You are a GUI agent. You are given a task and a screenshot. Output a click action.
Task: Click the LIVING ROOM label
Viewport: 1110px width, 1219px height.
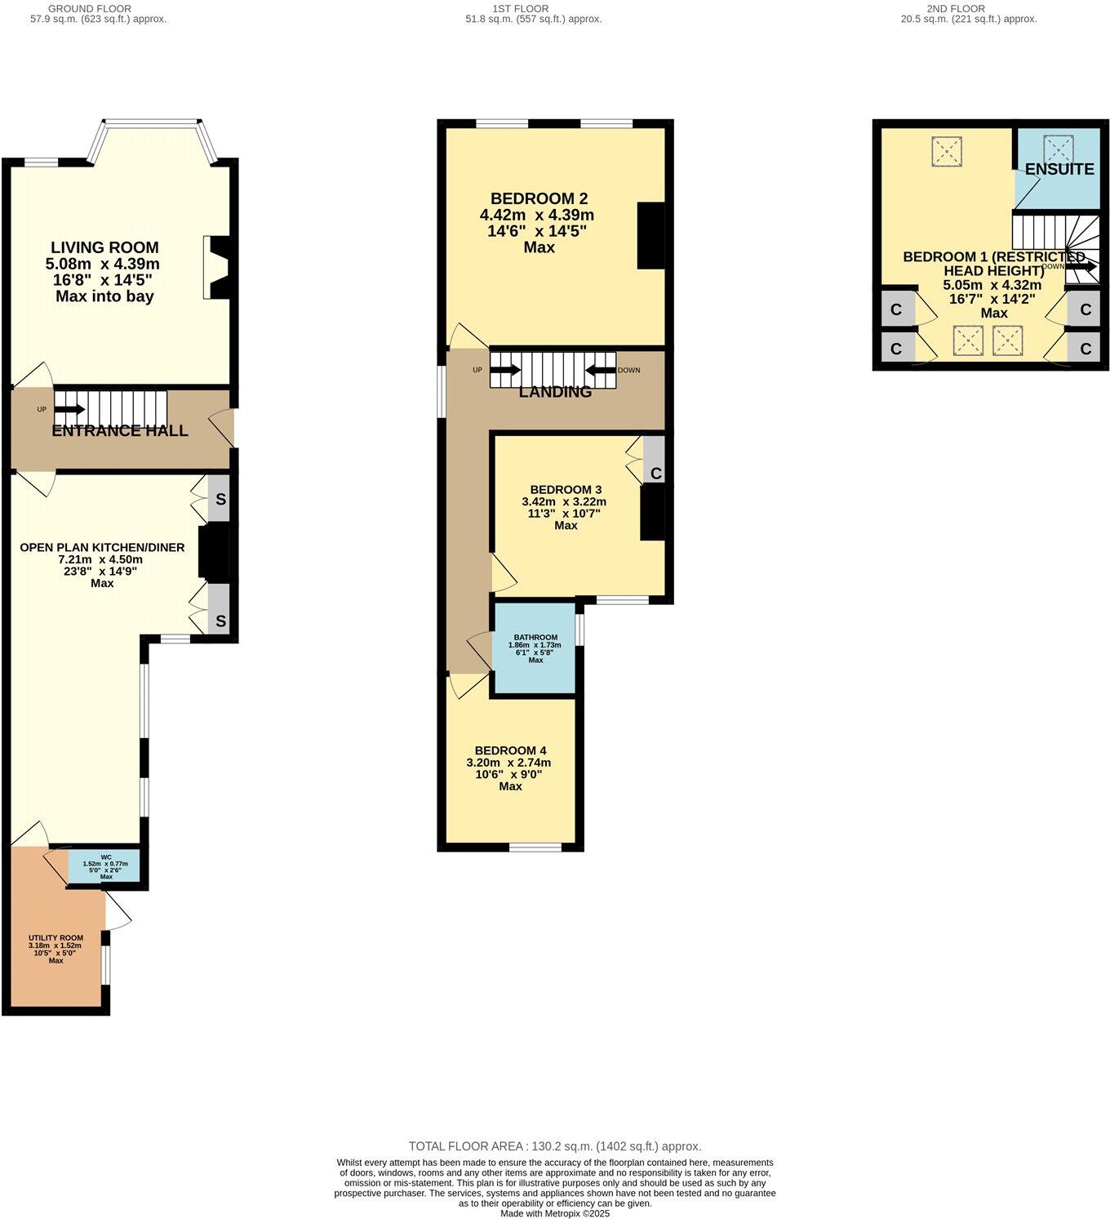104,247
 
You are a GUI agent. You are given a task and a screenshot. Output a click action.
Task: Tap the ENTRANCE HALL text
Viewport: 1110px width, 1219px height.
120,431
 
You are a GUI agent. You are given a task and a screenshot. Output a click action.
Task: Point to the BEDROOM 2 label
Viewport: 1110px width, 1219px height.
539,198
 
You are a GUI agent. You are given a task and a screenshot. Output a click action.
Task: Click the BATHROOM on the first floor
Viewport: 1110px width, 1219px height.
535,648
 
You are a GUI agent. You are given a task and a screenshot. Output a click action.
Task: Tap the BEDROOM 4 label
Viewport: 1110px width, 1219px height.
510,750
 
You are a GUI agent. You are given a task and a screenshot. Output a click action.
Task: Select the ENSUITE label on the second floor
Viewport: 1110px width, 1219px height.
1059,170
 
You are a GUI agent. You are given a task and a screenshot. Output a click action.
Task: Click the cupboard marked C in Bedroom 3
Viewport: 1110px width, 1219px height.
655,474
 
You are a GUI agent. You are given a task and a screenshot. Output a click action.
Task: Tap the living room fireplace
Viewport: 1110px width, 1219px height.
218,267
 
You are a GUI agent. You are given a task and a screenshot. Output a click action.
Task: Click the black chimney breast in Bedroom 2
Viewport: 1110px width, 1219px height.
650,234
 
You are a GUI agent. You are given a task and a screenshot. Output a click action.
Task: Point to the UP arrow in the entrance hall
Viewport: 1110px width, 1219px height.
69,409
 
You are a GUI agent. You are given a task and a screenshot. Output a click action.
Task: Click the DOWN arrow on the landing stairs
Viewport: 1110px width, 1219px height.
600,370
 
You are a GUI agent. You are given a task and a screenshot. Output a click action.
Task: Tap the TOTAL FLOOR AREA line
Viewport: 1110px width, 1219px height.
555,1146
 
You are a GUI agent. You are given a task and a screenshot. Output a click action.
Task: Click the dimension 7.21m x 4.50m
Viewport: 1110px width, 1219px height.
101,560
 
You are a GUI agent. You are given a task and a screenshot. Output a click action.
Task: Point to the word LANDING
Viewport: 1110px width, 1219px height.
556,392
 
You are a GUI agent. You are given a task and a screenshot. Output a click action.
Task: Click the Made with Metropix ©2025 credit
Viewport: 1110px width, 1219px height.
555,1213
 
